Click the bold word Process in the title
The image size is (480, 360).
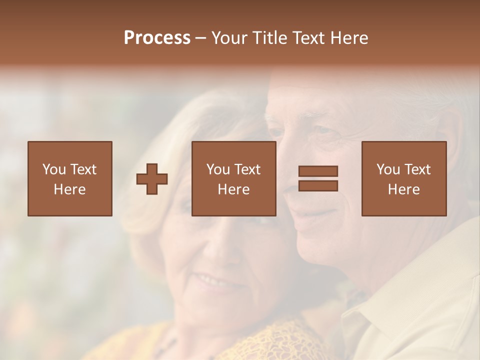point(157,38)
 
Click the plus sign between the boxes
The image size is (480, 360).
point(152,179)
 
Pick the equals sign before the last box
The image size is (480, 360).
point(318,178)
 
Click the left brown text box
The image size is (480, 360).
point(70,178)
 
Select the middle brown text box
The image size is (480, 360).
point(234,178)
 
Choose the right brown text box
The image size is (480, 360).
point(404,178)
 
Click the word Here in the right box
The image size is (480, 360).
point(404,189)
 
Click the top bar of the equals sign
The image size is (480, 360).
point(318,171)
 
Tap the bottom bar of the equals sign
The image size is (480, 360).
point(318,186)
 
